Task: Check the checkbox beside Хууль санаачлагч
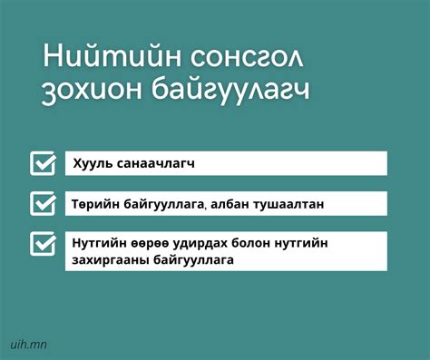[43, 163]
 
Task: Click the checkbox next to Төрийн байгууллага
[43, 204]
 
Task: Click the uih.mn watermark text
[28, 344]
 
